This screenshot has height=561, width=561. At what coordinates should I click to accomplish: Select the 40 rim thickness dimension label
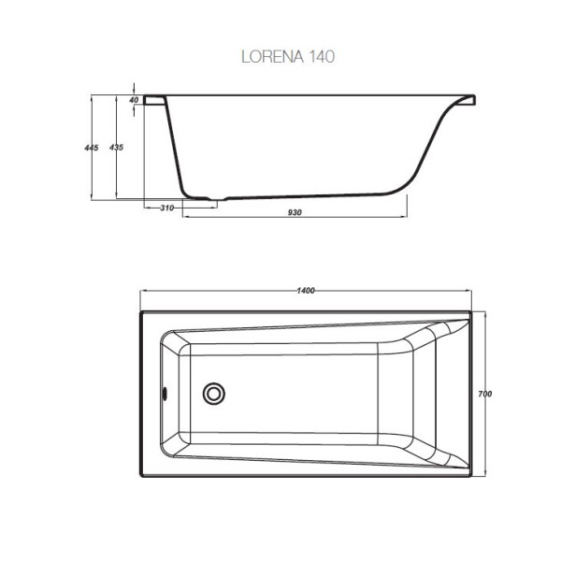pyautogui.click(x=133, y=99)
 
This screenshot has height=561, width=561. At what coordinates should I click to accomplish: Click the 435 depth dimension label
pyautogui.click(x=115, y=148)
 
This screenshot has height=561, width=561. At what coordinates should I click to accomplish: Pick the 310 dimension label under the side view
pyautogui.click(x=166, y=209)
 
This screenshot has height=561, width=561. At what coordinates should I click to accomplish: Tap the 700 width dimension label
pyautogui.click(x=484, y=394)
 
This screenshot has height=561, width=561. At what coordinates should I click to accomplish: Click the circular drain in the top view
pyautogui.click(x=215, y=395)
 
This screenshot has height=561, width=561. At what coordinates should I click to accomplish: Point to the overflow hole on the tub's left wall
pyautogui.click(x=165, y=394)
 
